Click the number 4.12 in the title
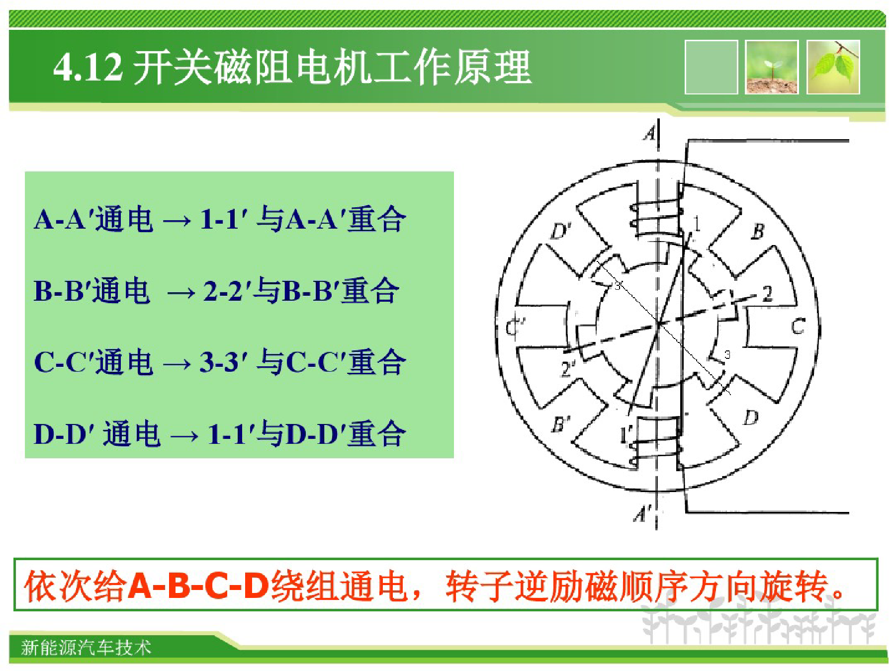click(88, 67)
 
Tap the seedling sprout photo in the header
click(772, 67)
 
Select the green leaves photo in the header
click(833, 67)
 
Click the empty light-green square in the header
click(711, 67)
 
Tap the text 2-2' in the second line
click(226, 291)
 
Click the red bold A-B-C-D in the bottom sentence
click(198, 586)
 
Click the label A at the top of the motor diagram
click(649, 133)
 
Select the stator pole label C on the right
click(798, 327)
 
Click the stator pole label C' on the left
click(515, 328)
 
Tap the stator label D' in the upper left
click(561, 231)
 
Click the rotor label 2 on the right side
click(767, 294)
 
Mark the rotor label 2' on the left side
click(567, 369)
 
